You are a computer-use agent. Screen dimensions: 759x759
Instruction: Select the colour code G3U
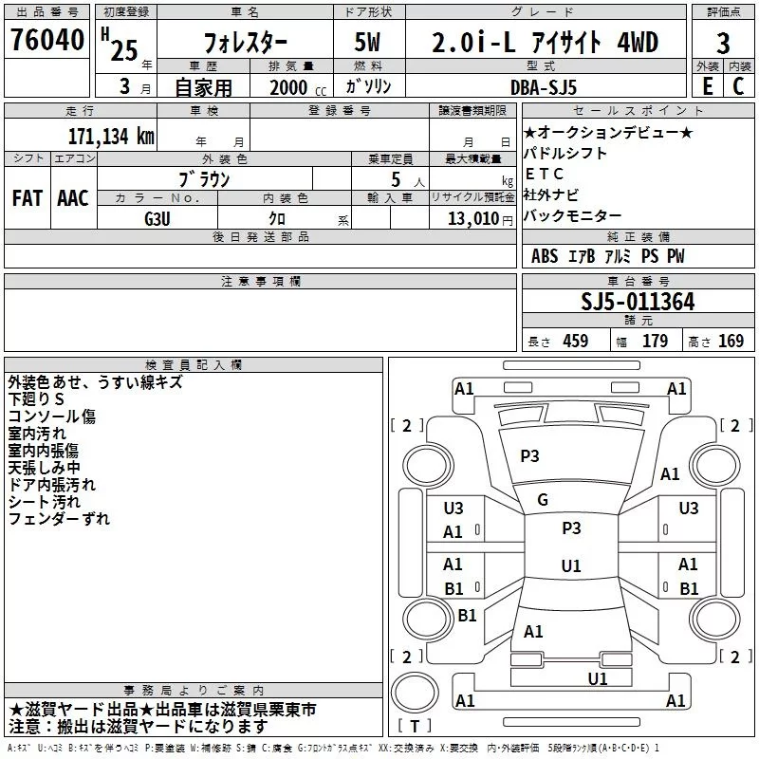(156, 217)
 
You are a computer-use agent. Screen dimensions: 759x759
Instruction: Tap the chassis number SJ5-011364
(638, 303)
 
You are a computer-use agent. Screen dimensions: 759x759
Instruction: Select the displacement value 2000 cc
(289, 87)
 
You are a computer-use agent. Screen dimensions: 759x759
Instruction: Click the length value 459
(575, 342)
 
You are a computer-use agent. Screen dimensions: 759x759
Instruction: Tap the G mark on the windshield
(543, 500)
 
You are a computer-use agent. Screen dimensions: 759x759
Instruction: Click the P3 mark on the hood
(529, 456)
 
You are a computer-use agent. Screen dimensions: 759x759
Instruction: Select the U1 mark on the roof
(571, 566)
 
